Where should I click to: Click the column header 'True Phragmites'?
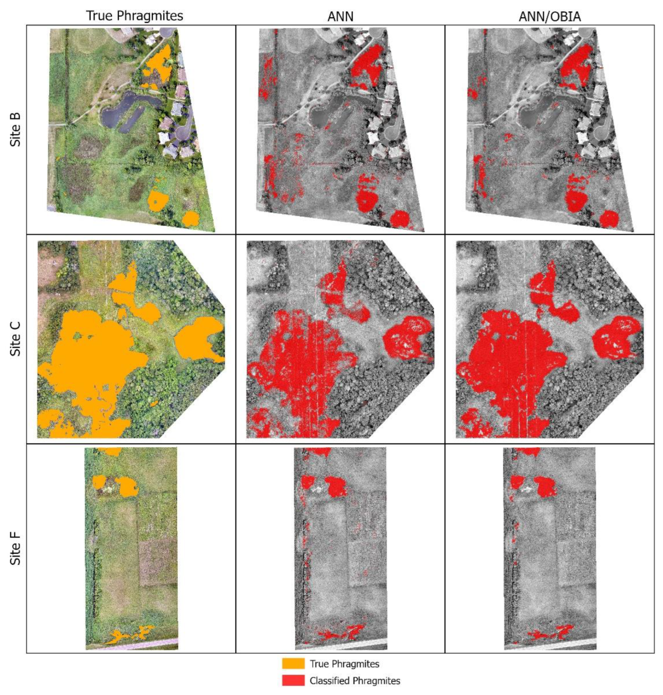pos(135,16)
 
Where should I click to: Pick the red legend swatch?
pos(293,680)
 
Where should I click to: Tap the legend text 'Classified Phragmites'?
pos(355,680)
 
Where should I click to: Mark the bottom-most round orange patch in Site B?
pos(191,218)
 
